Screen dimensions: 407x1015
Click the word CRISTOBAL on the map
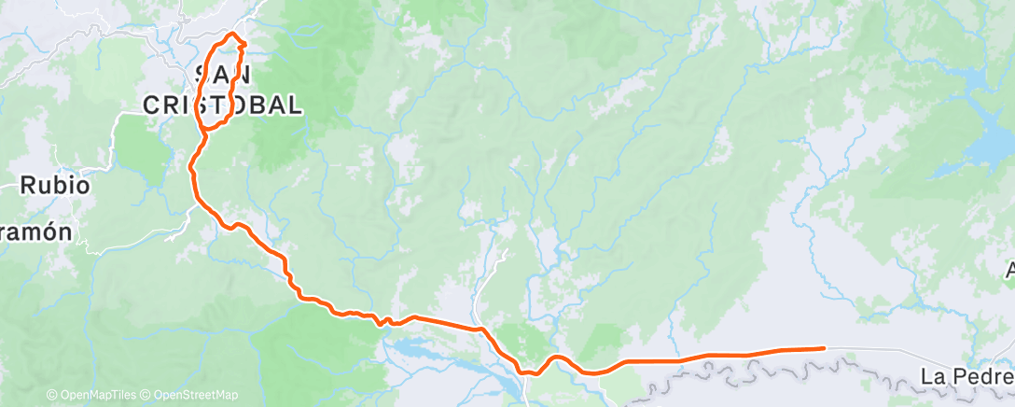pyautogui.click(x=223, y=105)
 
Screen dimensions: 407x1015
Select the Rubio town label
pyautogui.click(x=56, y=186)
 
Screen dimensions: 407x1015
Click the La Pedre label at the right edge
pyautogui.click(x=967, y=377)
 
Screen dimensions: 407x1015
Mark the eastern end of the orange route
pyautogui.click(x=824, y=348)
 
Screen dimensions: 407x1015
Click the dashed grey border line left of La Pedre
pyautogui.click(x=793, y=371)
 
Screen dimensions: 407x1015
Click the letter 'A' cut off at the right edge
pyautogui.click(x=1008, y=272)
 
